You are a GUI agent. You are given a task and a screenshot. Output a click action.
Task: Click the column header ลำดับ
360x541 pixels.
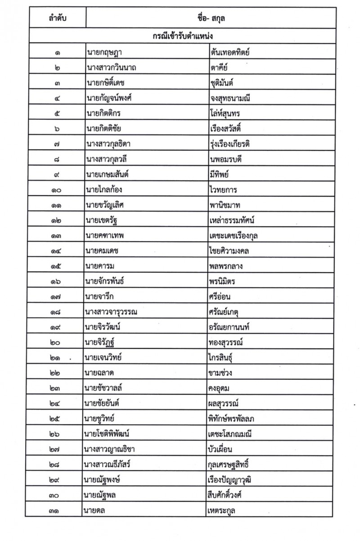pyautogui.click(x=56, y=19)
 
